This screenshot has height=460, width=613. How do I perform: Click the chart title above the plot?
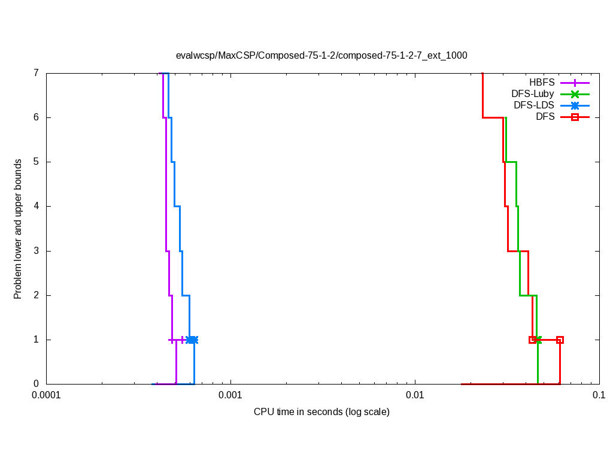pyautogui.click(x=321, y=55)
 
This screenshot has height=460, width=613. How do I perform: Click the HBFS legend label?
pyautogui.click(x=542, y=82)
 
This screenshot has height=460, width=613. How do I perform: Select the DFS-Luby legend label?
pyautogui.click(x=533, y=93)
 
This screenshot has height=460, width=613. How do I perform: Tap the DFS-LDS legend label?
pyautogui.click(x=534, y=105)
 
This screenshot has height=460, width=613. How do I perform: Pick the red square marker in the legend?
pyautogui.click(x=575, y=117)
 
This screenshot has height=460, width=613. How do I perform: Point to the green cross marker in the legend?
pyautogui.click(x=575, y=93)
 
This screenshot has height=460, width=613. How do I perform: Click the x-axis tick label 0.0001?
pyautogui.click(x=46, y=395)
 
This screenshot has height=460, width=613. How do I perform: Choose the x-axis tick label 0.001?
pyautogui.click(x=230, y=395)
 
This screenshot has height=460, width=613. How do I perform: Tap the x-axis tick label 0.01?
pyautogui.click(x=415, y=395)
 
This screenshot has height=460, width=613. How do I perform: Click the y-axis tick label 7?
pyautogui.click(x=36, y=73)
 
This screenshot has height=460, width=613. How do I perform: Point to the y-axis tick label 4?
pyautogui.click(x=36, y=206)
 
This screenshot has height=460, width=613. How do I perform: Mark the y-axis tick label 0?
pyautogui.click(x=36, y=384)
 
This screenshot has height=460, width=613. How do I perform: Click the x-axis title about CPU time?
pyautogui.click(x=321, y=411)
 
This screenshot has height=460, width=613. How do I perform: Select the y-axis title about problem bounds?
pyautogui.click(x=18, y=229)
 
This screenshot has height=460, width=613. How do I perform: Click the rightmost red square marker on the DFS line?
pyautogui.click(x=560, y=340)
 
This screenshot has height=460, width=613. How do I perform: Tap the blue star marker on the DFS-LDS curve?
pyautogui.click(x=192, y=340)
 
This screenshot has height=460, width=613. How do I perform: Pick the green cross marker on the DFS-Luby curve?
pyautogui.click(x=537, y=340)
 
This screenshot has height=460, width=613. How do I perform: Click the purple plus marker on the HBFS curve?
pyautogui.click(x=182, y=340)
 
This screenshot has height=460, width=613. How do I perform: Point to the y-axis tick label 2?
pyautogui.click(x=36, y=295)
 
